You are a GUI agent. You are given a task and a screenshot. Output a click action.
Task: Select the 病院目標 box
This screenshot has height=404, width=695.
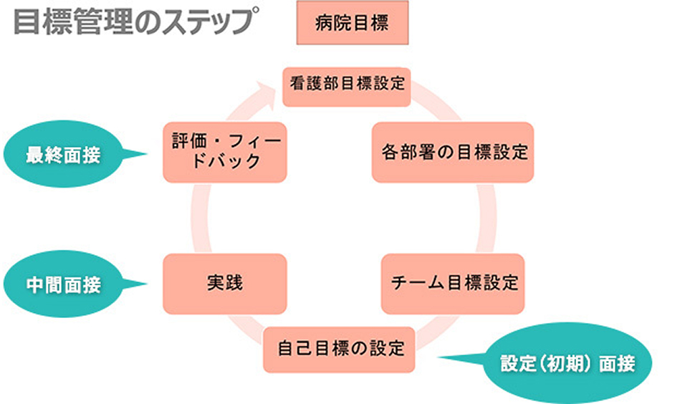pos(352,24)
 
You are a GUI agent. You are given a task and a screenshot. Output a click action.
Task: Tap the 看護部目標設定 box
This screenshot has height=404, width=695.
pos(347,83)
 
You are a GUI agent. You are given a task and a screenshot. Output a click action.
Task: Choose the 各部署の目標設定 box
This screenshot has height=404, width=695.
pos(453,152)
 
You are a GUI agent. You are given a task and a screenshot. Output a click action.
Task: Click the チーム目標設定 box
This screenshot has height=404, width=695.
pos(454,283)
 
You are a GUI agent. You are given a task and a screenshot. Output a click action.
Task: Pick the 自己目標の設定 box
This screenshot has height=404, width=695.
pos(340,350)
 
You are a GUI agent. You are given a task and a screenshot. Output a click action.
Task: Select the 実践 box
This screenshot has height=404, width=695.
pos(224,283)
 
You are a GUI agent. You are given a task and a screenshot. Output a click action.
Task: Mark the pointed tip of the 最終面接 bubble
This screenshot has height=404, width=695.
pos(147,153)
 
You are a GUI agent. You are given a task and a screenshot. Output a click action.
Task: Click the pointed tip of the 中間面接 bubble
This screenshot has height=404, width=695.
pos(147,284)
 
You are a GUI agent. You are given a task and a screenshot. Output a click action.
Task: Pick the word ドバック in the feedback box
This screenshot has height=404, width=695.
pos(224,161)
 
